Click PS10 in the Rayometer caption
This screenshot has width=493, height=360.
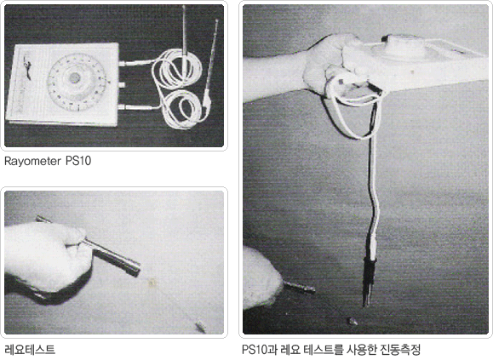78,161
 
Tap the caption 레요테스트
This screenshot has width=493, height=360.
30,349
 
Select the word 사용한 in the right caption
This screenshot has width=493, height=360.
361,349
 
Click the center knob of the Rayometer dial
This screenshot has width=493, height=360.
74,78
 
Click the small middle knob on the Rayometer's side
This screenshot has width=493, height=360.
122,84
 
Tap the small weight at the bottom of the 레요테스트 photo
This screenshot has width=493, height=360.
200,327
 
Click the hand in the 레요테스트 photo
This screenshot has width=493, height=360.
47,258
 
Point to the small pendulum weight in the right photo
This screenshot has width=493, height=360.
353,321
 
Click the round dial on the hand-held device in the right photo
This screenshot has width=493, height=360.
404,48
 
